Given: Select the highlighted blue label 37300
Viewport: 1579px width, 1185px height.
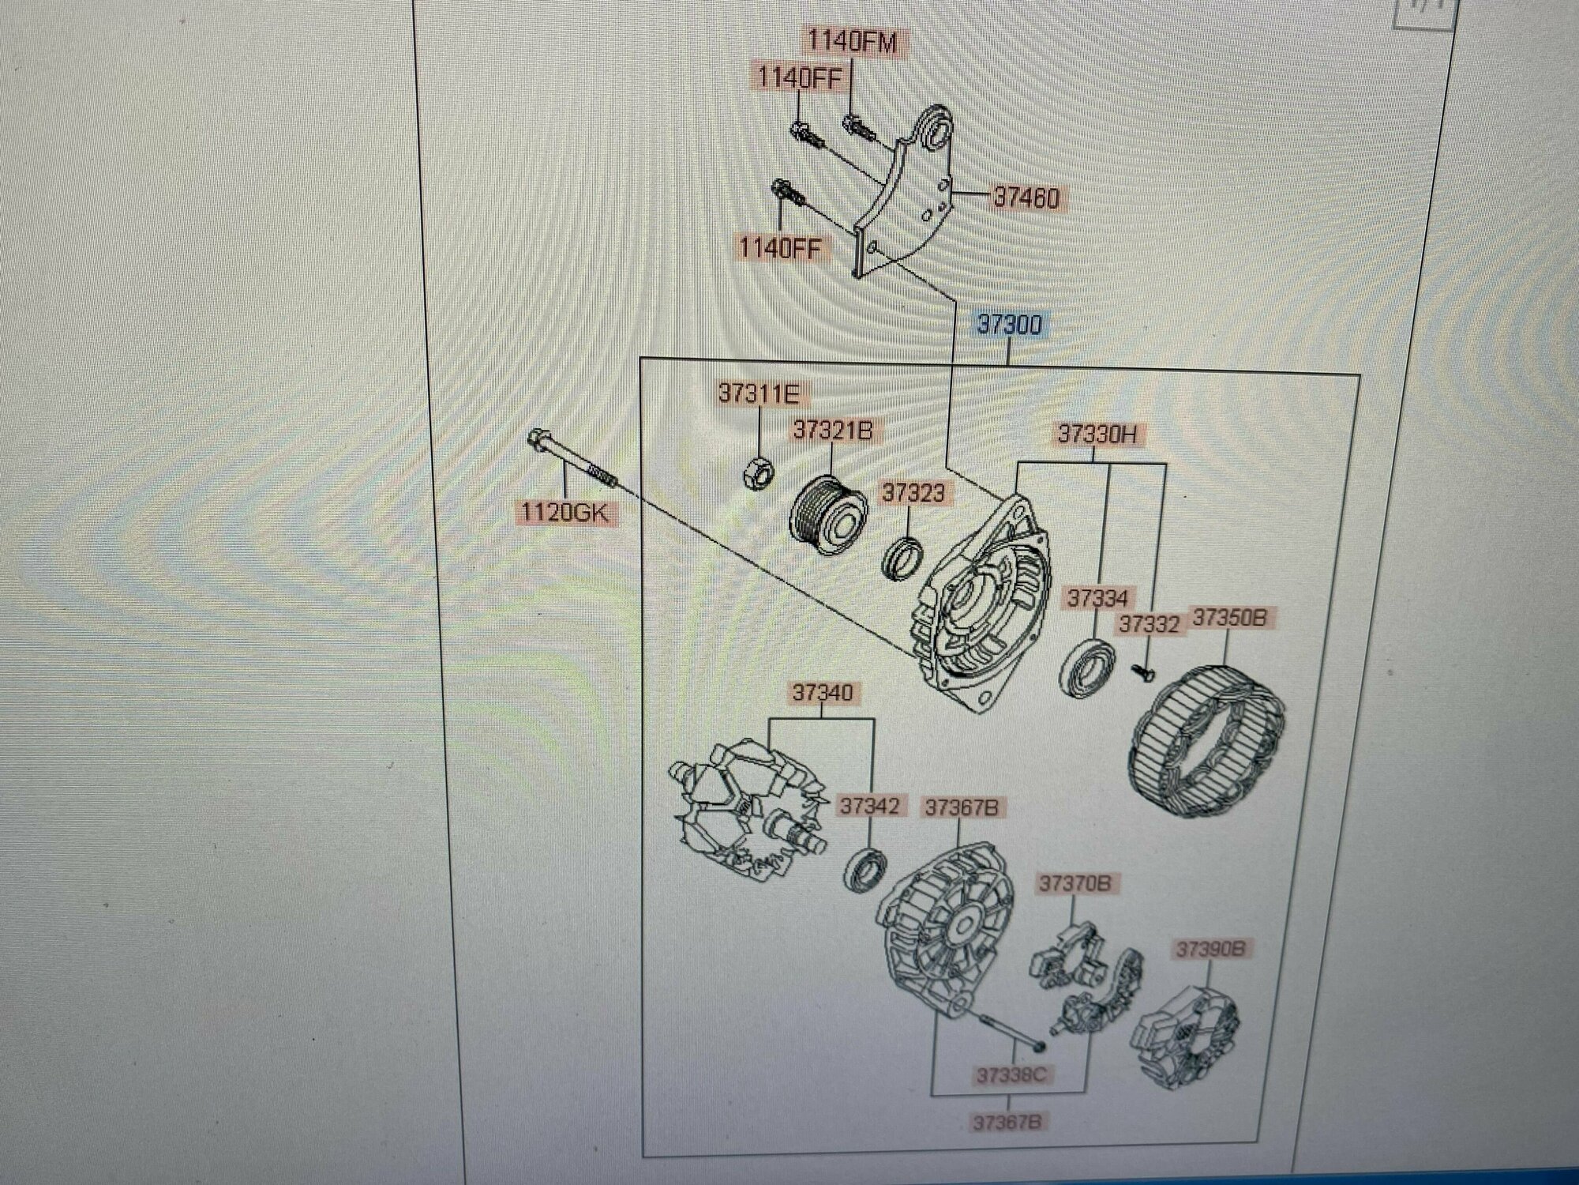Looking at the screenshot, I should point(1009,325).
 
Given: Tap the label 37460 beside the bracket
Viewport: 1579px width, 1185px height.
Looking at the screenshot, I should point(1026,197).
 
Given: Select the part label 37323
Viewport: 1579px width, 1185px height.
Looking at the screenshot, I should point(913,493).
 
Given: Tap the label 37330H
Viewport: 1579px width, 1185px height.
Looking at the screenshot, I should point(1092,434).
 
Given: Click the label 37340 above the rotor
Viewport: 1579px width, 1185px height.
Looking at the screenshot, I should point(823,693).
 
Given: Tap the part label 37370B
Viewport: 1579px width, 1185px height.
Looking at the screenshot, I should point(1075,883).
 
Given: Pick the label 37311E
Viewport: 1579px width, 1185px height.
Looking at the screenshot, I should point(758,393).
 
